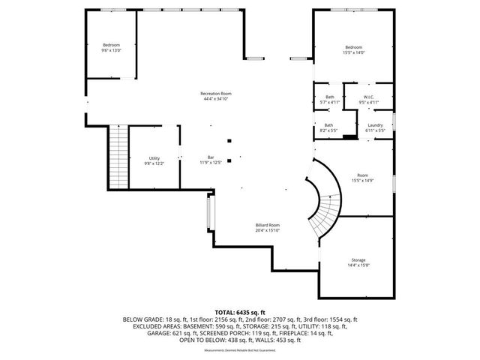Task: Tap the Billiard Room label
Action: point(267,225)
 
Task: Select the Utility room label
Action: point(154,157)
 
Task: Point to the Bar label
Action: point(211,157)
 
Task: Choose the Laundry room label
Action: point(376,125)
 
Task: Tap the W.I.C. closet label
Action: point(368,97)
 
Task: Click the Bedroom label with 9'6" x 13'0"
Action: point(111,45)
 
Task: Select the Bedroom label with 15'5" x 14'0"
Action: point(353,47)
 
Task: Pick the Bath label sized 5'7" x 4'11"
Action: point(328,97)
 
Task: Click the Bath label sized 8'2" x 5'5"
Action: point(328,125)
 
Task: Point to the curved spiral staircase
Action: point(325,206)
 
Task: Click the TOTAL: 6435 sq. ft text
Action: point(240,311)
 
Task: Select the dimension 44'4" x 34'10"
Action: point(215,99)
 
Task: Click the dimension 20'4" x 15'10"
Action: point(267,231)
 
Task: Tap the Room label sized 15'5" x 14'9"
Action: point(362,175)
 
